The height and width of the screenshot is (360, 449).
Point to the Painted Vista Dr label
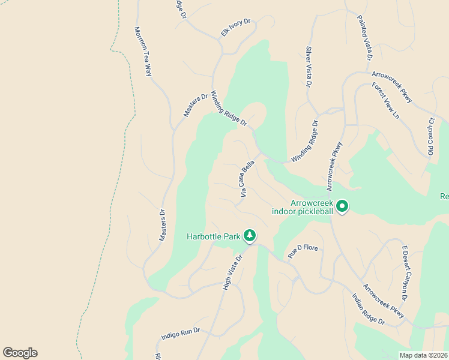tap(365, 37)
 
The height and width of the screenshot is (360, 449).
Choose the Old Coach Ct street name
tap(430, 137)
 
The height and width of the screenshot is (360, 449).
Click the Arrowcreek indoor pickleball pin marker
tap(342, 206)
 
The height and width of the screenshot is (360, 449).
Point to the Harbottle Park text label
tap(214, 236)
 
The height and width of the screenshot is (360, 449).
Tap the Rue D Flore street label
tap(303, 250)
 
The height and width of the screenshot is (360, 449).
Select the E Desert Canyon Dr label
tap(404, 273)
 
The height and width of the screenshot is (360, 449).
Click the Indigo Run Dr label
tap(180, 332)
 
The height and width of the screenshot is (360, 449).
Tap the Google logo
tap(20, 353)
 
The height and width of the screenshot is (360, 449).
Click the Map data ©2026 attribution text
tap(423, 355)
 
